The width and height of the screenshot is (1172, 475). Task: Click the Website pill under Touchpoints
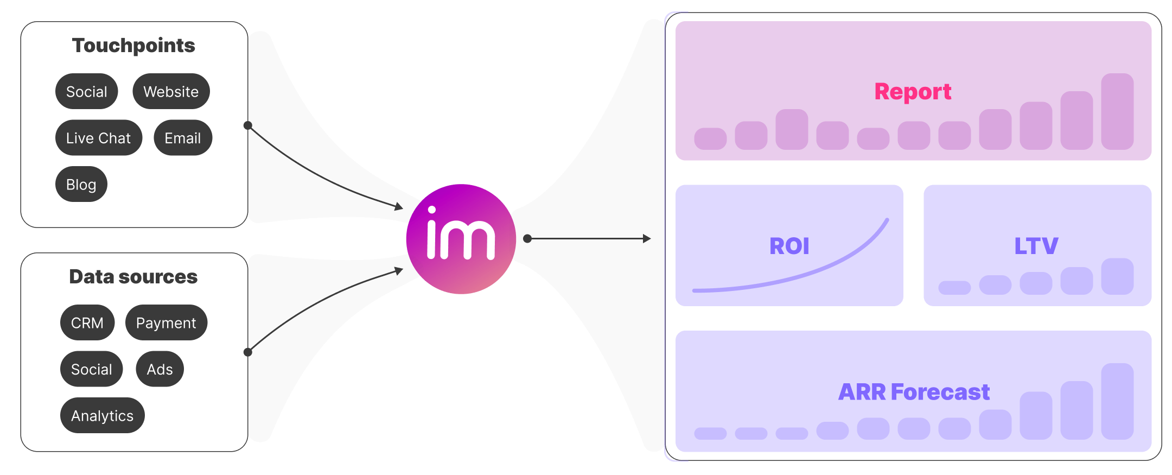click(x=171, y=91)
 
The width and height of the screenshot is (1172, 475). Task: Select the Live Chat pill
click(x=98, y=138)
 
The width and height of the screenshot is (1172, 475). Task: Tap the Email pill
click(x=183, y=138)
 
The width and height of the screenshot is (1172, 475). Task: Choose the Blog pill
click(x=81, y=184)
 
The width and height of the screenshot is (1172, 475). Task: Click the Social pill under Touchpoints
click(x=86, y=91)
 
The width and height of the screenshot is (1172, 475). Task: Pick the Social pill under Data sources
click(x=91, y=369)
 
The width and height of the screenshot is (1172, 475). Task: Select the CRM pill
click(x=87, y=322)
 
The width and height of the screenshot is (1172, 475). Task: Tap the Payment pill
click(x=166, y=322)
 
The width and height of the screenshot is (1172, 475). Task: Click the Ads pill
click(x=160, y=369)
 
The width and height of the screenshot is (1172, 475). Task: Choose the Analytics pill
click(x=102, y=415)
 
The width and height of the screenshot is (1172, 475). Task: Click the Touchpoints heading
click(x=133, y=45)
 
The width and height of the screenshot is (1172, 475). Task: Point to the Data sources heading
click(x=133, y=276)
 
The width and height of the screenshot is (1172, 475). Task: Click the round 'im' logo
click(x=461, y=239)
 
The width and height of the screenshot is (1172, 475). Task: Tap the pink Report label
click(x=913, y=91)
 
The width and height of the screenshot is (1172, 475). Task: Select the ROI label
click(x=789, y=246)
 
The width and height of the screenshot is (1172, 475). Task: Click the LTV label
click(x=1036, y=246)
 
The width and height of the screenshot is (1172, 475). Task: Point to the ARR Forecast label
click(x=914, y=392)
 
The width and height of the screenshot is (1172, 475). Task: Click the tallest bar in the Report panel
click(x=1117, y=111)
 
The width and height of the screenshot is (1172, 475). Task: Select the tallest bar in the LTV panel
click(x=1117, y=276)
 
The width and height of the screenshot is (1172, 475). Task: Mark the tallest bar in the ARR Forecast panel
click(x=1117, y=401)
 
